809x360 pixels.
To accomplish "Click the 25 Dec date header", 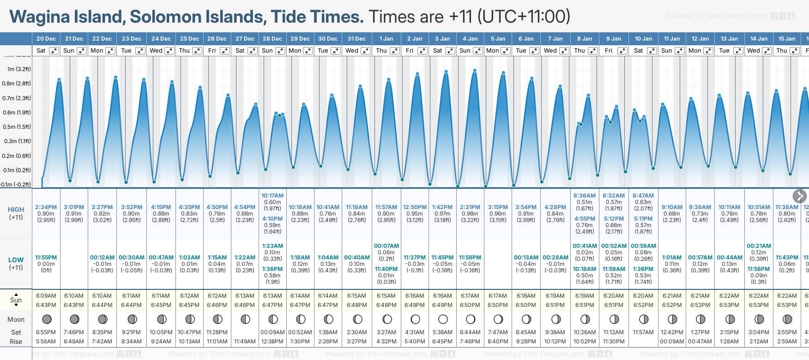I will (x=189, y=39).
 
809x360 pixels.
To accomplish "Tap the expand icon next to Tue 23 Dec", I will (x=139, y=51).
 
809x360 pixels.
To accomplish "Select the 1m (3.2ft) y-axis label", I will (x=19, y=69).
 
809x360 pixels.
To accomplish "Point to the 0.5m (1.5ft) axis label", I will (x=17, y=127).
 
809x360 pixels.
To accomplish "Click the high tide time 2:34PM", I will (x=46, y=207).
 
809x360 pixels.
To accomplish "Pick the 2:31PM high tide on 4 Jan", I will (x=470, y=207).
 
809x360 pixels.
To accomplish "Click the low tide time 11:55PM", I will (x=46, y=258).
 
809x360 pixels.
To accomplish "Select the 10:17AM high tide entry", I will (x=272, y=196).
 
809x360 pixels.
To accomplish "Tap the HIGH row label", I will (x=16, y=210).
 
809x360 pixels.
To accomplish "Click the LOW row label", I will (x=16, y=260).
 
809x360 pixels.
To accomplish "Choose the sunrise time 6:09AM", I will (x=46, y=296).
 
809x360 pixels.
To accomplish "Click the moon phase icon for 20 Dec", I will (x=46, y=319).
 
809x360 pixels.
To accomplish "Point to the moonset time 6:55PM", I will (x=46, y=332).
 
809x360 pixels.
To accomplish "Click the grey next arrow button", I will (x=799, y=196).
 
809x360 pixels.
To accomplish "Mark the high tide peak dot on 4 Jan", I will (x=474, y=71).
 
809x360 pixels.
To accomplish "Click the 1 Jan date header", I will (x=386, y=39).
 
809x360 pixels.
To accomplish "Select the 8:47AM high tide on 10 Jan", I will (x=643, y=196).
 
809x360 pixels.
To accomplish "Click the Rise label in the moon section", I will (x=16, y=342).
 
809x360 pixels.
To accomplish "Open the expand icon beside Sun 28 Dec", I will (x=280, y=51).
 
